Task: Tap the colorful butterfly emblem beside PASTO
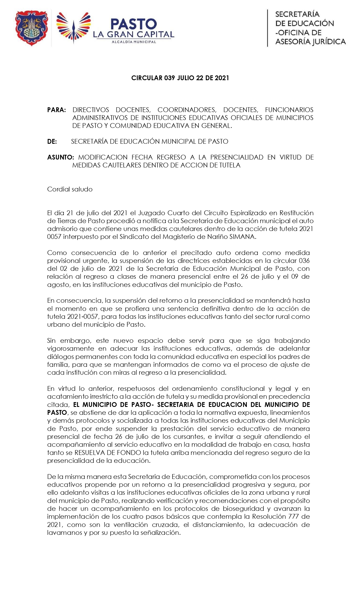tap(74, 27)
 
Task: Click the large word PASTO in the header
tap(133, 24)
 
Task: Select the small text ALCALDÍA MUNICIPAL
tap(134, 42)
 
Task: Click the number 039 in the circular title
tap(169, 78)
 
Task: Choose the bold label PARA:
tap(56, 110)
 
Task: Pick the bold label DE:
tap(52, 141)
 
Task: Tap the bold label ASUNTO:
tap(60, 157)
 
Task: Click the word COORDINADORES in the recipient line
tap(187, 110)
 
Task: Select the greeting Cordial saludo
tap(70, 189)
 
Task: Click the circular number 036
tap(304, 261)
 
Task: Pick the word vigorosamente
tap(71, 348)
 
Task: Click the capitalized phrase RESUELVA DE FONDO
tap(108, 453)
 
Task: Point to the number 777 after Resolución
tap(294, 516)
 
